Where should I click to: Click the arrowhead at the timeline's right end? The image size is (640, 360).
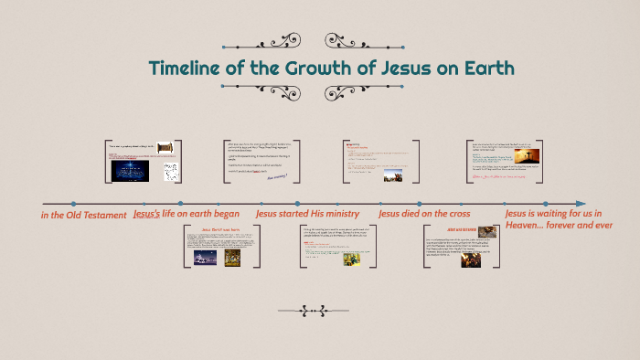tap(580, 203)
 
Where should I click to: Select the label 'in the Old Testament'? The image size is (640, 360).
tap(83, 216)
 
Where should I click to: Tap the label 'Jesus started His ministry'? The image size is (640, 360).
tap(302, 215)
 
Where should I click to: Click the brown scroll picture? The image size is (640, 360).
tap(165, 148)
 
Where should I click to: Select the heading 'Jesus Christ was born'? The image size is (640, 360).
tap(220, 228)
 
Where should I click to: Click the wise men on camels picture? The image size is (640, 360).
tap(205, 259)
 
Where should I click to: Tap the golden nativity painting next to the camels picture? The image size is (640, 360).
tap(233, 259)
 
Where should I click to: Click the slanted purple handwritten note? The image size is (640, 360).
tap(277, 176)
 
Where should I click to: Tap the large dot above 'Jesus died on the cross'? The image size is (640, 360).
tap(420, 203)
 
